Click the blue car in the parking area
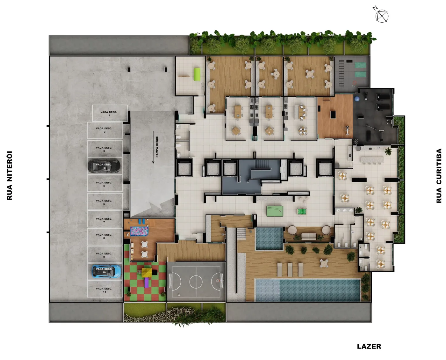click(106, 271)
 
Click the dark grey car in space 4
click(104, 166)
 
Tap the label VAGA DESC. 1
click(109, 114)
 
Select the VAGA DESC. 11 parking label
click(104, 290)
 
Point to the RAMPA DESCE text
click(157, 147)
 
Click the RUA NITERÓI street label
click(10, 176)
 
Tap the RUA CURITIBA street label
click(439, 176)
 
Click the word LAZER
click(369, 346)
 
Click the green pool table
click(275, 211)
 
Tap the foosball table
click(302, 212)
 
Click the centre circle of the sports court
click(196, 282)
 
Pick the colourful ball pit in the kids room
click(139, 231)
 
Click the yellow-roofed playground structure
click(147, 271)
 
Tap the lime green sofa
click(197, 74)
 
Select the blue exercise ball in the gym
click(357, 99)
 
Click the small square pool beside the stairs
click(269, 239)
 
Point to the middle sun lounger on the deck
click(290, 269)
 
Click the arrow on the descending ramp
click(153, 147)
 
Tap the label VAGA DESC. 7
click(104, 220)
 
